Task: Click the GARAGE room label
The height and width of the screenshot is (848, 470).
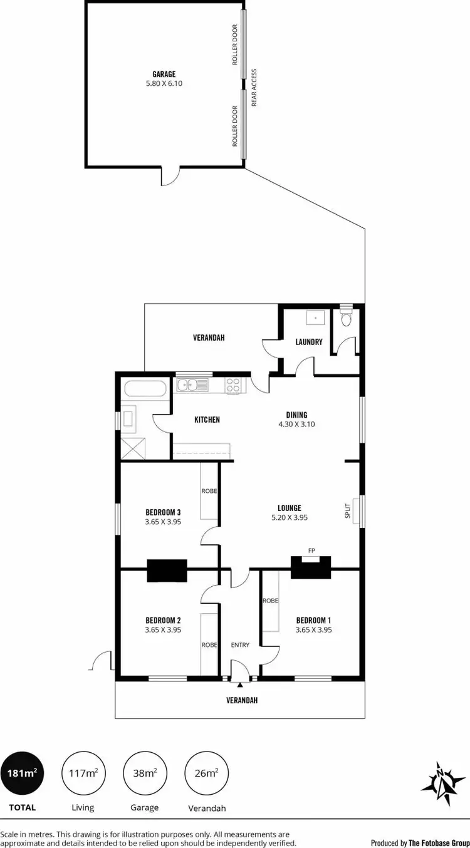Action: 164,74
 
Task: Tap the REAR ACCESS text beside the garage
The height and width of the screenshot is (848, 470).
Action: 254,87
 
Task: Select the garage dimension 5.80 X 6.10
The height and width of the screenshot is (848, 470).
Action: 164,83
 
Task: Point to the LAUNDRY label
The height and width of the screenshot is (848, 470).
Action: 309,342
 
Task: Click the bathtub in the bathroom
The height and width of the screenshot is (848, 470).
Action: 145,388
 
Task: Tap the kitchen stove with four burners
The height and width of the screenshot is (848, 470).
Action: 233,385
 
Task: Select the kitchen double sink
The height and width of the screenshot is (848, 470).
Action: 187,385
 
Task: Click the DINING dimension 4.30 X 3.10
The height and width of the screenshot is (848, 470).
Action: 296,424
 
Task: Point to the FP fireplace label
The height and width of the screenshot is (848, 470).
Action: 311,551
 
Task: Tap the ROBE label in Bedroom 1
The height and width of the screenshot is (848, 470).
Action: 271,600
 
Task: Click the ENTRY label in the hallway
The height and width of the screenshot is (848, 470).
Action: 240,644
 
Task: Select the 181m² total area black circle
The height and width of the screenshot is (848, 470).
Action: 22,773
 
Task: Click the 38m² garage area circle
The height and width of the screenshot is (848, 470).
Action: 144,773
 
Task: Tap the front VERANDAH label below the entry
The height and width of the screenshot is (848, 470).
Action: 242,700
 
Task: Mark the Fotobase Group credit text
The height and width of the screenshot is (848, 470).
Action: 420,842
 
